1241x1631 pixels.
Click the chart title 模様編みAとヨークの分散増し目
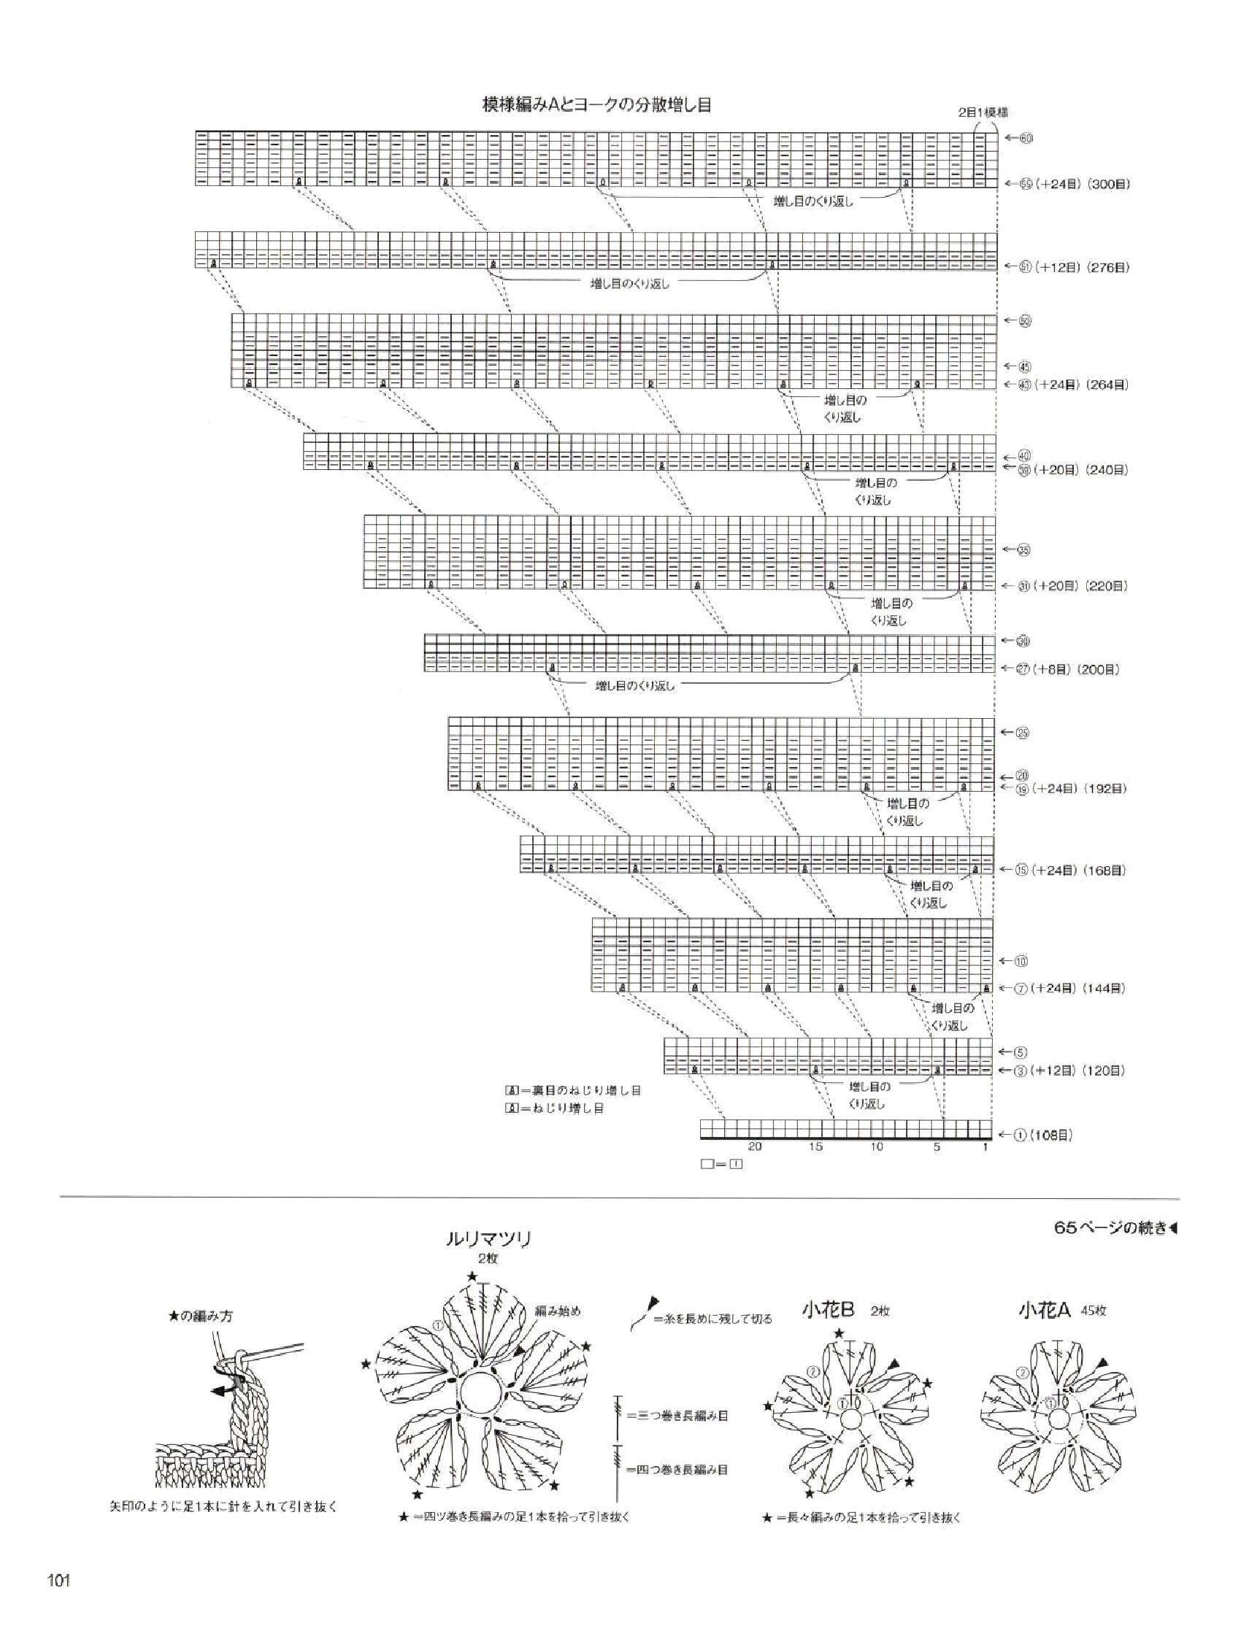tap(596, 106)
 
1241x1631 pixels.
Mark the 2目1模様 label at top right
tap(983, 113)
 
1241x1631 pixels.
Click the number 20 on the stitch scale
tap(754, 1147)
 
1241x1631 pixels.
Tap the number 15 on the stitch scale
tap(815, 1147)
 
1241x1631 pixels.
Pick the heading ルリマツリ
tap(478, 1240)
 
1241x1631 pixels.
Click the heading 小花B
tap(828, 1310)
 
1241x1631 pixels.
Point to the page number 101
tap(58, 1581)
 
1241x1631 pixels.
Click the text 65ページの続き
tap(1112, 1229)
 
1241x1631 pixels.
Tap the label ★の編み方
tap(201, 1316)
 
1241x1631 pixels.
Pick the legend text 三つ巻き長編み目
tap(677, 1416)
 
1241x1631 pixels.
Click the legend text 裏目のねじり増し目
tap(581, 1090)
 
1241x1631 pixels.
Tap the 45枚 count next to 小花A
tap(1094, 1311)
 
